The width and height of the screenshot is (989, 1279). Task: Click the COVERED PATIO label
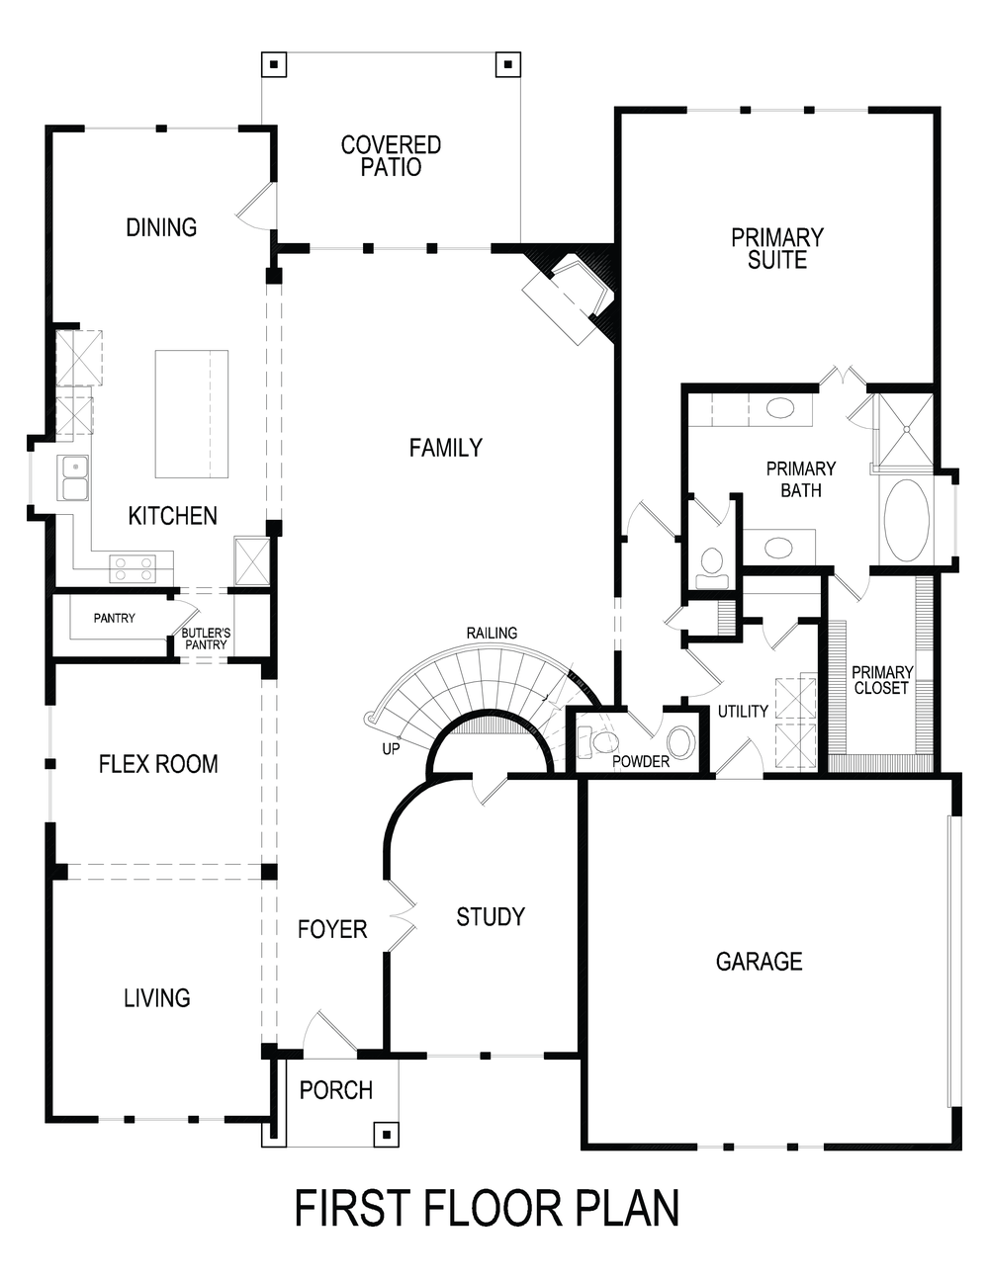[391, 156]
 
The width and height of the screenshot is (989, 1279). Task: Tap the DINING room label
[161, 227]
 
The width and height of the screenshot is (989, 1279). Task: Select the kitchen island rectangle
[192, 413]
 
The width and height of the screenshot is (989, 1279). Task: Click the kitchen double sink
[74, 478]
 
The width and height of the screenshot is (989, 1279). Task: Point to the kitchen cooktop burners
[133, 567]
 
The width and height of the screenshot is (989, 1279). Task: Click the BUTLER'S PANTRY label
[206, 639]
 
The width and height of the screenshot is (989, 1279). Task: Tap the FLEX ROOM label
[158, 764]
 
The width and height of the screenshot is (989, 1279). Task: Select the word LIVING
[157, 998]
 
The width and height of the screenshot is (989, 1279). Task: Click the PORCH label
[336, 1090]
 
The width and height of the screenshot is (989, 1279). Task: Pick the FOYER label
[332, 929]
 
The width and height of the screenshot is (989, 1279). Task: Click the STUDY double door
[401, 916]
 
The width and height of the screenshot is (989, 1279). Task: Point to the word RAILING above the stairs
[492, 633]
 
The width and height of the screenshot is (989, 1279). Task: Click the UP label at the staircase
[391, 749]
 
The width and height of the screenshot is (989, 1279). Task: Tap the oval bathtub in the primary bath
[905, 520]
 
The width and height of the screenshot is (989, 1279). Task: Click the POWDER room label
[641, 761]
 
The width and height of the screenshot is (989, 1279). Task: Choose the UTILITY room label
[743, 711]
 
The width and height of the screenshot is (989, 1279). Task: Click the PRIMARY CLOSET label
[882, 680]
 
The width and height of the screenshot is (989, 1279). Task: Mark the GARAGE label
[759, 961]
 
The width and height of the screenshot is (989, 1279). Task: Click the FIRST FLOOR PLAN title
[488, 1208]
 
